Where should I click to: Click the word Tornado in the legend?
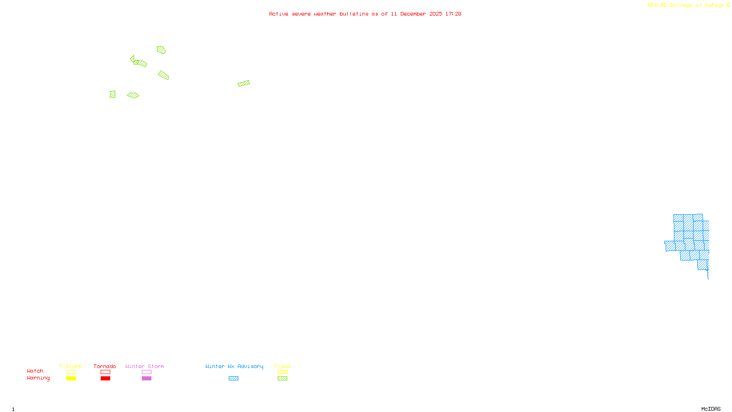(x=105, y=366)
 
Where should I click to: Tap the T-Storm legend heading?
(x=70, y=366)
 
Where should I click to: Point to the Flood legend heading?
(x=282, y=366)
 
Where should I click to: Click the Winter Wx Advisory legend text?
(x=234, y=366)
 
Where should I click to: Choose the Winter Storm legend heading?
(x=145, y=366)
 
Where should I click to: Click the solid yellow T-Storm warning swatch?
(x=71, y=379)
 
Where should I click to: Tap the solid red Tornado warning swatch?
(x=106, y=379)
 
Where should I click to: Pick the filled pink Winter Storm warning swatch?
(x=146, y=379)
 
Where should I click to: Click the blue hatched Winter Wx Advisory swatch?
(x=233, y=379)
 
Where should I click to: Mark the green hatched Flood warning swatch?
(x=283, y=379)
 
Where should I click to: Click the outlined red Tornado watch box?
(x=106, y=372)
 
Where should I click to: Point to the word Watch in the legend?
(x=35, y=371)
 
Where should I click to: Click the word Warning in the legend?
(x=38, y=378)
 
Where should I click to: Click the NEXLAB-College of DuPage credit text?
(x=686, y=5)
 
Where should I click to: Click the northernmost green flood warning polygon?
(x=161, y=50)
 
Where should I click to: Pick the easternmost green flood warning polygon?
(x=244, y=83)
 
